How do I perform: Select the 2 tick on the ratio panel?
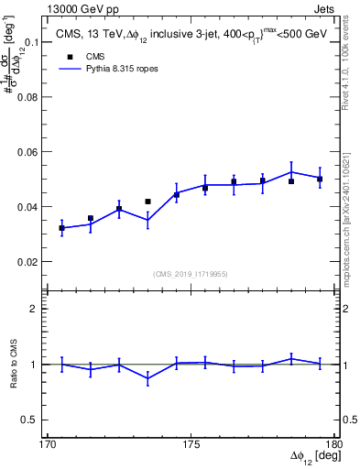(37, 310)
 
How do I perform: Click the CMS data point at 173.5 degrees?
(147, 202)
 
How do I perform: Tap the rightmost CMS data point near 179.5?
(320, 180)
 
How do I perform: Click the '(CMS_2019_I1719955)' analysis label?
(191, 273)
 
